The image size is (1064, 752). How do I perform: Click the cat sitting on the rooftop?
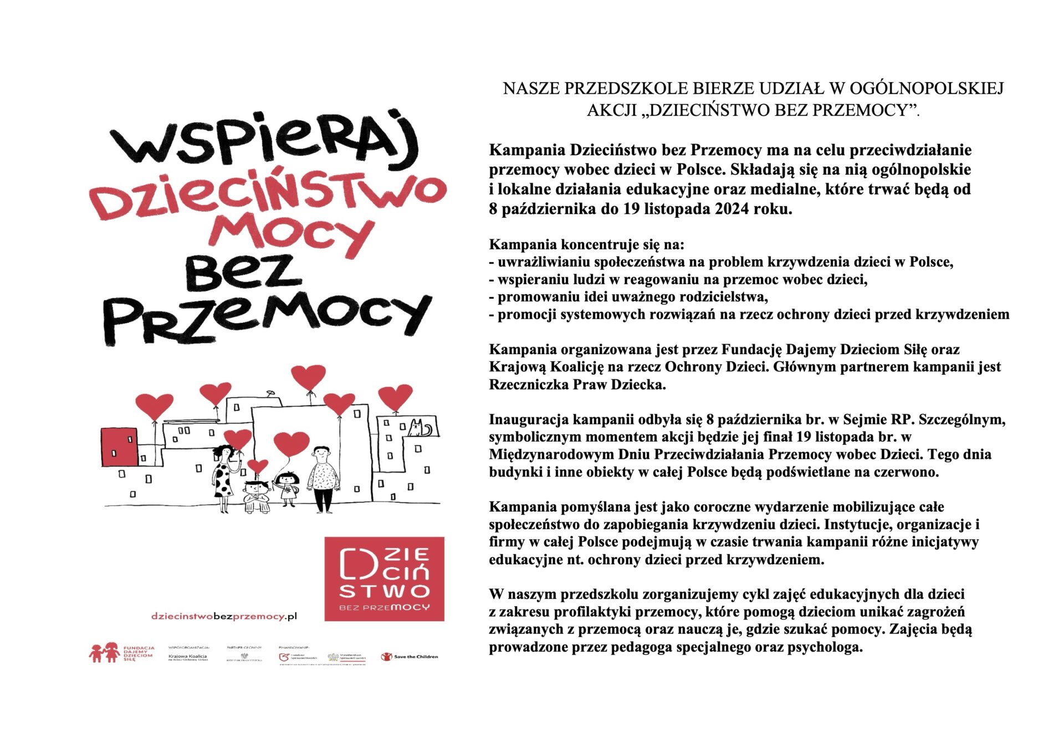[x=419, y=428]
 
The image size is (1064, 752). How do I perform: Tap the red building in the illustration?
[x=119, y=447]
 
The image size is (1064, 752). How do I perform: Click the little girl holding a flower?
[x=288, y=488]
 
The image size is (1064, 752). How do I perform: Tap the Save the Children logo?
[x=410, y=657]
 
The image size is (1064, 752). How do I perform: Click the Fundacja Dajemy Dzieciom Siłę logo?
[x=121, y=653]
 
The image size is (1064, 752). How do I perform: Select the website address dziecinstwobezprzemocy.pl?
[x=224, y=616]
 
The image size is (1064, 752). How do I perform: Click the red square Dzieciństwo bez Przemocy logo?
[x=384, y=579]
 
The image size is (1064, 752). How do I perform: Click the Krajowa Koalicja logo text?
[x=187, y=657]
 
